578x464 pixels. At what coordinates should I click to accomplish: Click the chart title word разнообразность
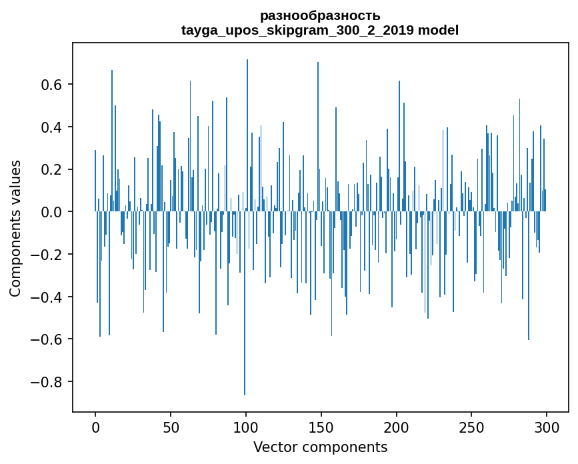(x=320, y=15)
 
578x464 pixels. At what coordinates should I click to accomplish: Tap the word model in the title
(x=438, y=31)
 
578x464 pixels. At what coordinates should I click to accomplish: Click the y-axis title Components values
(x=15, y=228)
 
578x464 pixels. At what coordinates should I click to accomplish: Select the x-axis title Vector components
(x=320, y=447)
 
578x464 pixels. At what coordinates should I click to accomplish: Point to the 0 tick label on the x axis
(x=95, y=426)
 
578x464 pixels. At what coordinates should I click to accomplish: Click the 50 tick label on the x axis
(x=171, y=426)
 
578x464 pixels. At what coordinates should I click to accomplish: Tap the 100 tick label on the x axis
(x=246, y=426)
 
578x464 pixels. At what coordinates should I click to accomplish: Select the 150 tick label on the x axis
(x=321, y=426)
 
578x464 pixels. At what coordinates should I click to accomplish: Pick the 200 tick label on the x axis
(x=397, y=426)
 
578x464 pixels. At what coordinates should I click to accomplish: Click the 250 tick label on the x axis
(x=472, y=426)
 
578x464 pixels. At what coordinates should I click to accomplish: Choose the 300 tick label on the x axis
(x=547, y=426)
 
